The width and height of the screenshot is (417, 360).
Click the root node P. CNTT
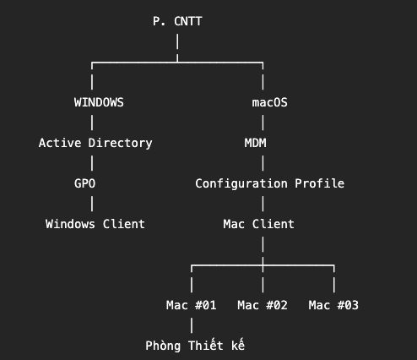(x=177, y=21)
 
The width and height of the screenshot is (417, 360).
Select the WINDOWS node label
(x=99, y=102)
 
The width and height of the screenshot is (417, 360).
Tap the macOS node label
(x=269, y=102)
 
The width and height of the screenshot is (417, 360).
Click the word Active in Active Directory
(x=60, y=143)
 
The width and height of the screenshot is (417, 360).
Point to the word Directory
(x=120, y=143)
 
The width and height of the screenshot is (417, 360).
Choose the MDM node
(x=255, y=143)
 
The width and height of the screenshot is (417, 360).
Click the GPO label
(x=84, y=183)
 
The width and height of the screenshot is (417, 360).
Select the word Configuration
(x=241, y=183)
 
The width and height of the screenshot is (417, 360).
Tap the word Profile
(x=319, y=183)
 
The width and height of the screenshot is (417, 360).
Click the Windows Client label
(x=95, y=224)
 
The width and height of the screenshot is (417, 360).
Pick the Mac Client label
(x=258, y=224)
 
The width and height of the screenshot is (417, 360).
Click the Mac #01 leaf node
(x=192, y=305)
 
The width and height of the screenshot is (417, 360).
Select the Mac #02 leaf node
(x=263, y=305)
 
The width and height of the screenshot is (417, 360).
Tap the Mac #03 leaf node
(x=333, y=305)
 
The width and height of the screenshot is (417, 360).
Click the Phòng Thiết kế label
(x=195, y=346)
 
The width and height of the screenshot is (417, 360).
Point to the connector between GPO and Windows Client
(x=92, y=204)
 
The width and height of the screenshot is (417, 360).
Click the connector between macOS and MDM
(x=263, y=123)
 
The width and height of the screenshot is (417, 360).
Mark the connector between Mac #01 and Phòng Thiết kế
(x=192, y=325)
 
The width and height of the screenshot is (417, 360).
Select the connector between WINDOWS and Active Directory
(x=92, y=123)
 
